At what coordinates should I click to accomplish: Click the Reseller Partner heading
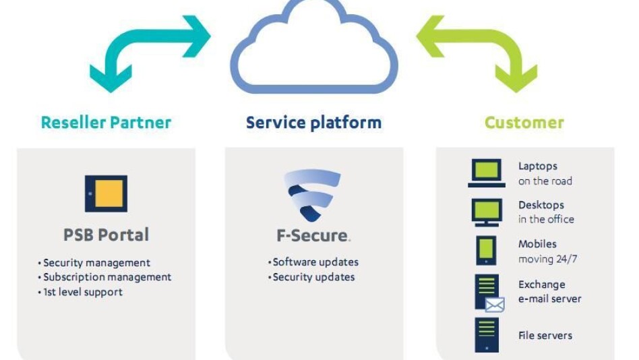point(106,123)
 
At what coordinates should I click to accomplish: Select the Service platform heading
point(313,123)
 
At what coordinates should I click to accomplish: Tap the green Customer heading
point(524,123)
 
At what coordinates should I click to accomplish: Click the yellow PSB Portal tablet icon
point(106,193)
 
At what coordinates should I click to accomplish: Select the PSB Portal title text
point(106,235)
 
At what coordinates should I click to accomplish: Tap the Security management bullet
point(94,263)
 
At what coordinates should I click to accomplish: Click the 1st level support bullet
point(80,292)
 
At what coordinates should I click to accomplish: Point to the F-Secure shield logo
point(312,196)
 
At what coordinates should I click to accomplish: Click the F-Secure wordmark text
point(313,236)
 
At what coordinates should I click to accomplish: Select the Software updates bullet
point(313,262)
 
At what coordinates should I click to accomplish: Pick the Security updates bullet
point(311,277)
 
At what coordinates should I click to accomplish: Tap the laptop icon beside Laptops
point(486,173)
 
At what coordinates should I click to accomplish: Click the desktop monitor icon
point(486,212)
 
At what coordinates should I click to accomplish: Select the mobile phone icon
point(486,250)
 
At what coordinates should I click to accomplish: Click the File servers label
point(545,336)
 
